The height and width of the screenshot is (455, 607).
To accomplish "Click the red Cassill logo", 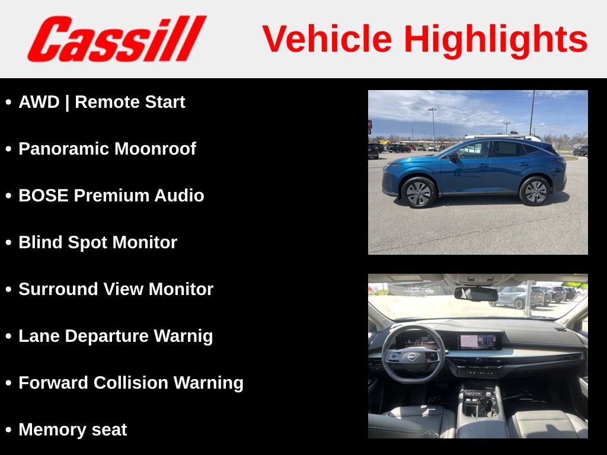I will pyautogui.click(x=116, y=39).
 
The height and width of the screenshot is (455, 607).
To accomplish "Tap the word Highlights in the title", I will pyautogui.click(x=496, y=40).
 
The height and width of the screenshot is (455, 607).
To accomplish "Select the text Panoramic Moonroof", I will pyautogui.click(x=107, y=149).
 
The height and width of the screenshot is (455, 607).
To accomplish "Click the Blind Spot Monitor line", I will pyautogui.click(x=98, y=242).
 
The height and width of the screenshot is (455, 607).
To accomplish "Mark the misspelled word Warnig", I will pyautogui.click(x=183, y=336).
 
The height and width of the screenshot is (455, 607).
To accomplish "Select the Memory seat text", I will pyautogui.click(x=72, y=430).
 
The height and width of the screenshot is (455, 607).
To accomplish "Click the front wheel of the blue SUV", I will pyautogui.click(x=418, y=192).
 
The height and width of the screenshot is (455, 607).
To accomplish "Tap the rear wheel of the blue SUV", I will pyautogui.click(x=535, y=191).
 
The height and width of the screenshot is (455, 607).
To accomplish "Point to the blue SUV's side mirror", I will pyautogui.click(x=453, y=157).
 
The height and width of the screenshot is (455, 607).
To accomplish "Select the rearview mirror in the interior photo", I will pyautogui.click(x=476, y=294).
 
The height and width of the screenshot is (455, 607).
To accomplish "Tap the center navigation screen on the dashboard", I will pyautogui.click(x=478, y=341).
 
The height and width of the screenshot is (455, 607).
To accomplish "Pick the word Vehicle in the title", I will pyautogui.click(x=327, y=40).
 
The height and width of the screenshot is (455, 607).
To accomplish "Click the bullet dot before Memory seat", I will pyautogui.click(x=8, y=430).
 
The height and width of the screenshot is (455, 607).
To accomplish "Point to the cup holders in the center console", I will pyautogui.click(x=481, y=406).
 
